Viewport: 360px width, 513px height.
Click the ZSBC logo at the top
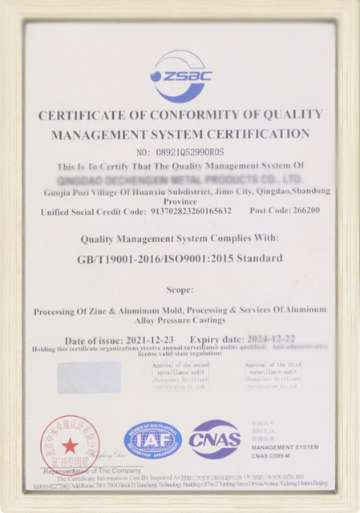pyautogui.click(x=180, y=76)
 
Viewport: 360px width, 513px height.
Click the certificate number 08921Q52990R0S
pyautogui.click(x=180, y=151)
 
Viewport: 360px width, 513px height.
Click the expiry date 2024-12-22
pyautogui.click(x=263, y=339)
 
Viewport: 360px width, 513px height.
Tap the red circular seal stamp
pyautogui.click(x=71, y=443)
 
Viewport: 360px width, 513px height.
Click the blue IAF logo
pyautogui.click(x=152, y=439)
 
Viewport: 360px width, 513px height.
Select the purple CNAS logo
pyautogui.click(x=215, y=439)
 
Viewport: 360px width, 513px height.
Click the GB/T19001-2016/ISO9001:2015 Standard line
pyautogui.click(x=180, y=258)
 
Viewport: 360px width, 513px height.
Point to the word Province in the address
pyautogui.click(x=180, y=202)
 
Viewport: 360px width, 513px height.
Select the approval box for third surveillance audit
pyautogui.click(x=273, y=376)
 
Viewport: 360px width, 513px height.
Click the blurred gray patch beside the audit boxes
pyautogui.click(x=89, y=377)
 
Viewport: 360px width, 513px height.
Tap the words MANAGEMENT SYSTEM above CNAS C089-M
pyautogui.click(x=285, y=447)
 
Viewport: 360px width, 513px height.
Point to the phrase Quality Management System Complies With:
pyautogui.click(x=180, y=238)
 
